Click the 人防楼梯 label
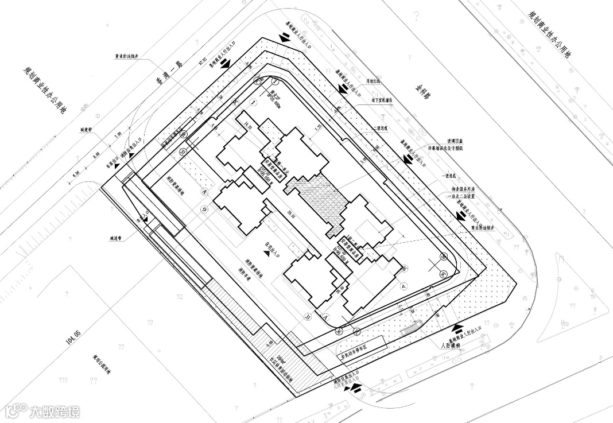tap(452, 346)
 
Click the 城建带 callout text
tap(87, 129)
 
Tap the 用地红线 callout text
tap(374, 82)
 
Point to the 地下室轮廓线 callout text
tap(381, 99)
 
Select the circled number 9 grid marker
tap(204, 210)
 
